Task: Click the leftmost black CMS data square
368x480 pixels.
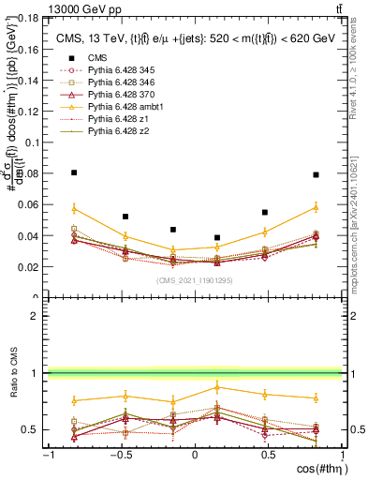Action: coord(74,172)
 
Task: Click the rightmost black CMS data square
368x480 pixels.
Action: coord(316,174)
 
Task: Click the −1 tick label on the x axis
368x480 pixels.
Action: coord(48,456)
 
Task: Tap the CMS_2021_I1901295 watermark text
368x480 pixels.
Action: coord(194,280)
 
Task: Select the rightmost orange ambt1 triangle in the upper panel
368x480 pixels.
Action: coord(316,206)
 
